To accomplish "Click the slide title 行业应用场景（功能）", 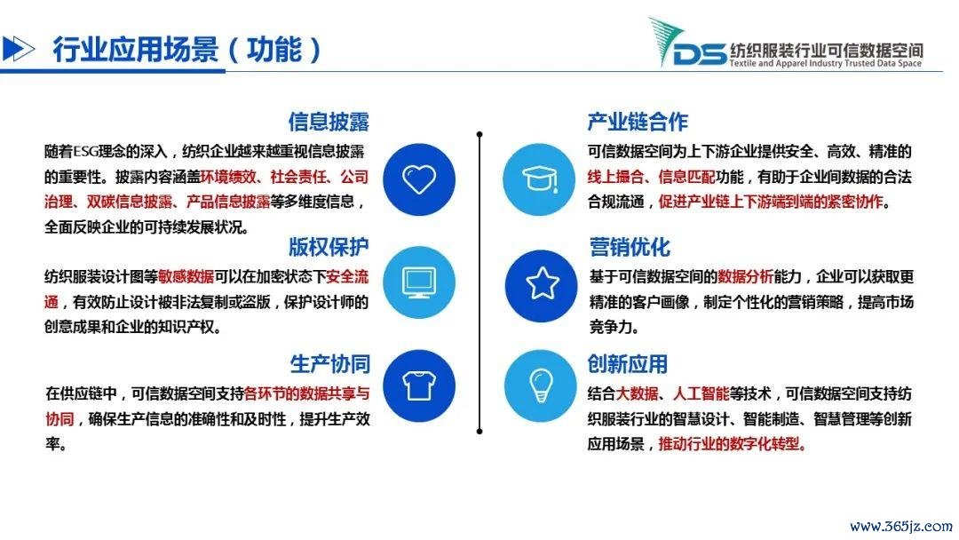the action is (x=186, y=50).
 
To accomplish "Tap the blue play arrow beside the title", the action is (x=19, y=49).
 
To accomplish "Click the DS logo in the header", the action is (x=689, y=44).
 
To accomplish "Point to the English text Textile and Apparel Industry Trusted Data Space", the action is (x=825, y=63).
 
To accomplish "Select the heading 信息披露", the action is (x=329, y=122).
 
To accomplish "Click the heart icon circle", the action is (x=419, y=179).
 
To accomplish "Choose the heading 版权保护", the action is (x=329, y=247).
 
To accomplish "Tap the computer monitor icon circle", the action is (x=419, y=282).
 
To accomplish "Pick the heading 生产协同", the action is (x=330, y=364).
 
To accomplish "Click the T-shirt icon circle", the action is (x=419, y=385).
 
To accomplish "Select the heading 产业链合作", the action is (x=638, y=122).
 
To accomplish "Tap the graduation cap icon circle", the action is (x=540, y=179).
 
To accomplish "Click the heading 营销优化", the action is (x=630, y=247).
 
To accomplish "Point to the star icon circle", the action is (x=542, y=286).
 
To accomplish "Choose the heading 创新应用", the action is (x=628, y=364).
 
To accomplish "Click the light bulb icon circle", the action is (x=541, y=385).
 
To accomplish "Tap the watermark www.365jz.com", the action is (x=901, y=527).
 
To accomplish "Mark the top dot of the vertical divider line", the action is (x=479, y=134).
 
